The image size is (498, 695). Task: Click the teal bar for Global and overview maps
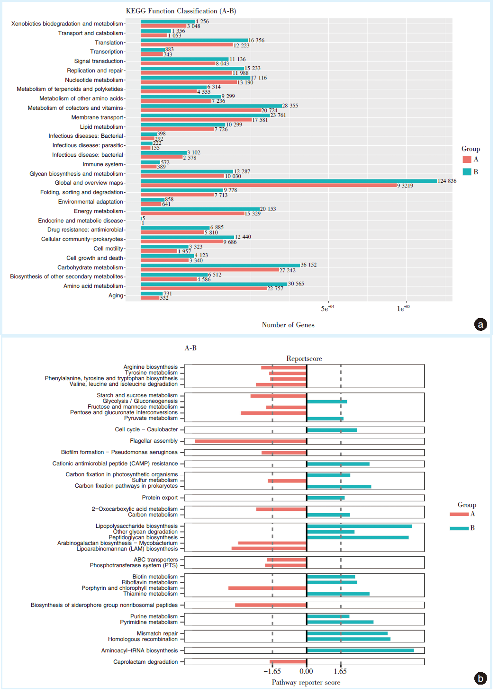(x=289, y=181)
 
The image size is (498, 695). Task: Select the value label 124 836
(x=447, y=181)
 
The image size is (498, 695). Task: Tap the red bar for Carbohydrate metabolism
(x=210, y=270)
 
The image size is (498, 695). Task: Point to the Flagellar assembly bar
(x=251, y=441)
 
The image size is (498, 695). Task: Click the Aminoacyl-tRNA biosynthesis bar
(x=361, y=650)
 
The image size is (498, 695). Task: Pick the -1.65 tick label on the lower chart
(x=272, y=671)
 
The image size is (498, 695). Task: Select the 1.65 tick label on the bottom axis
(x=341, y=671)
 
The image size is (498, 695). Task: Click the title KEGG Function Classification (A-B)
(x=181, y=11)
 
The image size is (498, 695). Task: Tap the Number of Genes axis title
(x=288, y=325)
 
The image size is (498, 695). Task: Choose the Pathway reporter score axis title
(x=306, y=682)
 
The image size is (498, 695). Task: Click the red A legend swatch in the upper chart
(x=467, y=159)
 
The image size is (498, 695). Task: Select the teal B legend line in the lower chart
(x=459, y=528)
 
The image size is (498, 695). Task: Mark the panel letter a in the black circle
(x=480, y=325)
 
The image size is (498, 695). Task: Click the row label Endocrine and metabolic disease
(x=81, y=221)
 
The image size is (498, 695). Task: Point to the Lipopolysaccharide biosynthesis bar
(x=360, y=526)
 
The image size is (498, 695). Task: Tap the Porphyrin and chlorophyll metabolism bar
(x=267, y=588)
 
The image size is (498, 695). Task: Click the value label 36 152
(x=308, y=265)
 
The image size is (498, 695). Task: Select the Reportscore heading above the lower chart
(x=304, y=359)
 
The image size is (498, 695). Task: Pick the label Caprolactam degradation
(x=145, y=662)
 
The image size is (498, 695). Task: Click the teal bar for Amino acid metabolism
(x=214, y=284)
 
